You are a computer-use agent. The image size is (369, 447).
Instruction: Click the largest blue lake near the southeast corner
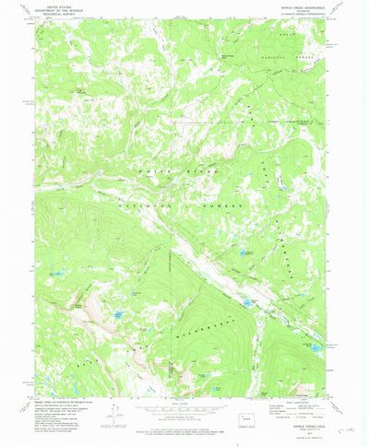(315, 348)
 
